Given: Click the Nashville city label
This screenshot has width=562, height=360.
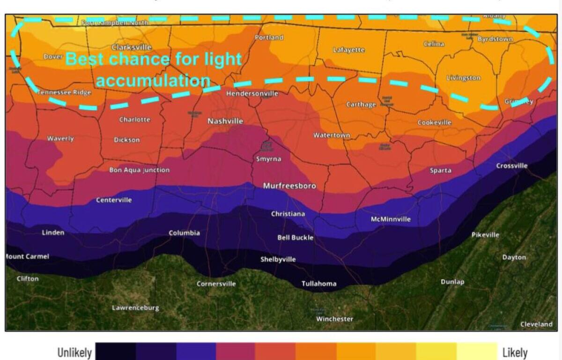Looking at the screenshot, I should [225, 121].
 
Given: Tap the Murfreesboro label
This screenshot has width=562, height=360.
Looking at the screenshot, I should [289, 186].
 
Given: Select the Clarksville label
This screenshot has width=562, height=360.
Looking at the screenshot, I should [132, 47].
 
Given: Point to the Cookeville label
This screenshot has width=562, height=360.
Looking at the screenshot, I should [435, 122].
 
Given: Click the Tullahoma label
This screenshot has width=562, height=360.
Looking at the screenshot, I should [319, 284].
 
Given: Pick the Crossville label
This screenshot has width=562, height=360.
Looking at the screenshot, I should [512, 165].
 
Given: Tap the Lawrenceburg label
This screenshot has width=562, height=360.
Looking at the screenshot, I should [135, 308].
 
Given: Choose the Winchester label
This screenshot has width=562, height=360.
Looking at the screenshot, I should [335, 319].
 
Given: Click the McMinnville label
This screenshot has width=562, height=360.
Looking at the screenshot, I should [391, 219].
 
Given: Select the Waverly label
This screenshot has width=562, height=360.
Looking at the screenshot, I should [60, 139].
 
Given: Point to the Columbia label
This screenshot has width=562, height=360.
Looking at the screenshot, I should [185, 233].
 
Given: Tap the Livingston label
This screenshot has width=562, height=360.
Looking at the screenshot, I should [464, 78].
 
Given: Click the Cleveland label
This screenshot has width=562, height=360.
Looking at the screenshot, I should [536, 324].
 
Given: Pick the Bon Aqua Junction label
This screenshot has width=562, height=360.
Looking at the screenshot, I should [140, 170].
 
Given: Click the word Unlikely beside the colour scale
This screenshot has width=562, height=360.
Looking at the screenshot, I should [74, 352].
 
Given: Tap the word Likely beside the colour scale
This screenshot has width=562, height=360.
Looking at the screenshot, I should [515, 352].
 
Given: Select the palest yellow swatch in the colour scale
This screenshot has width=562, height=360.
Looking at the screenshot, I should [477, 352].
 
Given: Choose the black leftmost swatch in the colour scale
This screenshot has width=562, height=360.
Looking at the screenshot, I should [116, 352].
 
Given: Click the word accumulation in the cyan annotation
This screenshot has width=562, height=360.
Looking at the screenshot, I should [153, 81].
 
